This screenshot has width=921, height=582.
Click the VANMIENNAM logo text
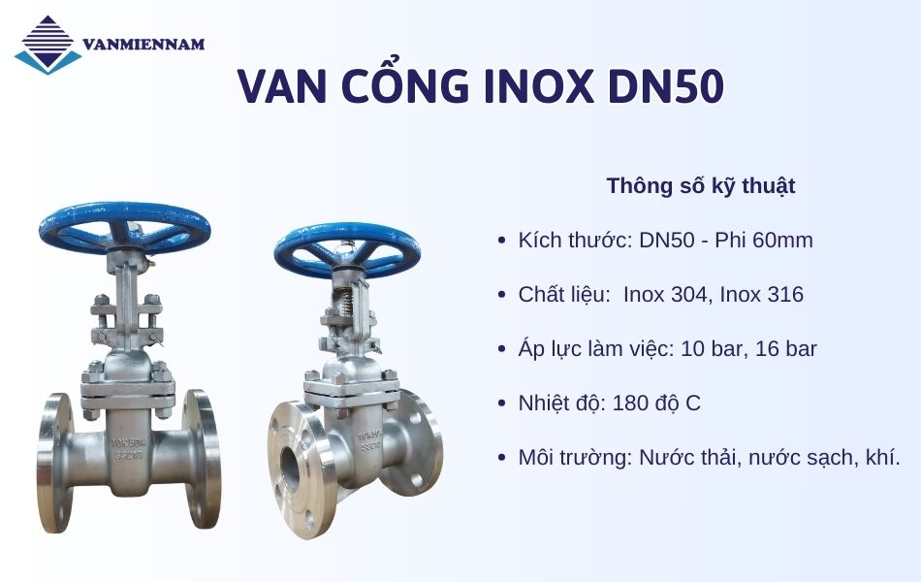143,45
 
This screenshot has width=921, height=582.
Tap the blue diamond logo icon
48,45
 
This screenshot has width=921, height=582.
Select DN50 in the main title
666,87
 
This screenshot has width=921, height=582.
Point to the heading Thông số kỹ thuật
701,185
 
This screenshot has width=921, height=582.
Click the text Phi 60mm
764,241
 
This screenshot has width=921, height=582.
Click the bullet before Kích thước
500,241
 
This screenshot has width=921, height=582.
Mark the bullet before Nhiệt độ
500,404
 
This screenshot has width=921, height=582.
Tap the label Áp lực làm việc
595,349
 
